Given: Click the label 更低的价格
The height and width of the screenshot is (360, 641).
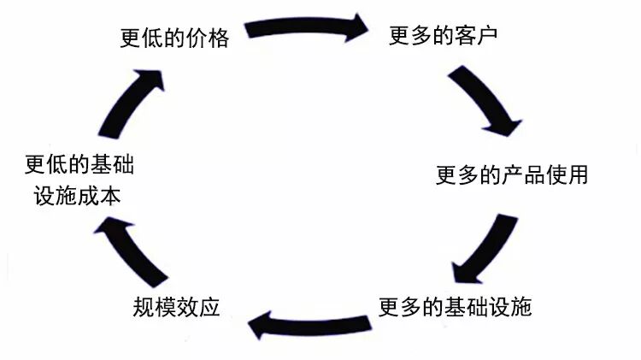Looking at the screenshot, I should click(x=174, y=38).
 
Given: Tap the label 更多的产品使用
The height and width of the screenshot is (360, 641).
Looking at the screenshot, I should click(x=512, y=176).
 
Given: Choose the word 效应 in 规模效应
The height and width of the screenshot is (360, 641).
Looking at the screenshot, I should click(x=198, y=306).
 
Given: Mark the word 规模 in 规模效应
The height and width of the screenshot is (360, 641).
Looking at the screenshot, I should click(x=155, y=306).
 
